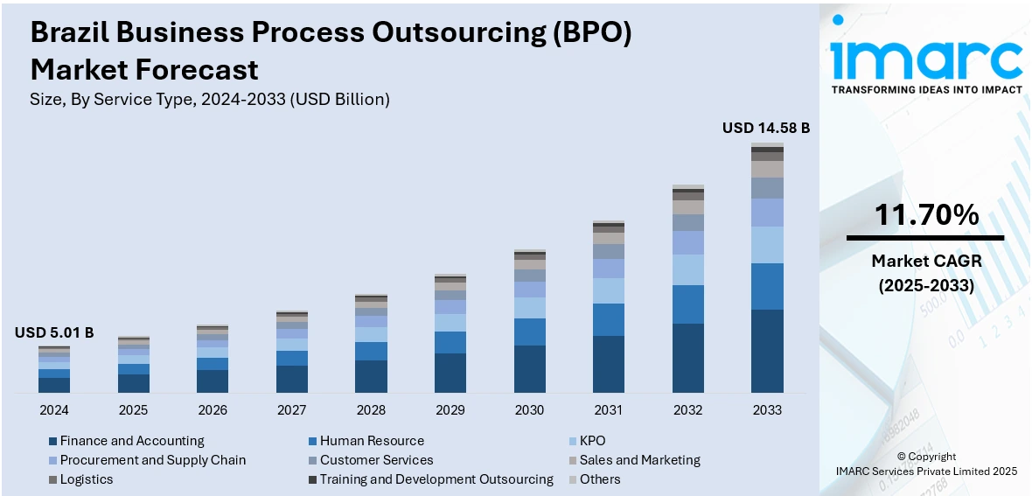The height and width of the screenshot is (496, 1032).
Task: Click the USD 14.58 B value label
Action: [765, 128]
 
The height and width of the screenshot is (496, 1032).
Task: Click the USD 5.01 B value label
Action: [54, 332]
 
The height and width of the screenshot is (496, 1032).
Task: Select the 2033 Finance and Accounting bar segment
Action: [767, 350]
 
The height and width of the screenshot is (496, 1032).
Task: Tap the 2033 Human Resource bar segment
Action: [767, 286]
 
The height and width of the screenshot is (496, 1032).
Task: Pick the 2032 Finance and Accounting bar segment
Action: [687, 357]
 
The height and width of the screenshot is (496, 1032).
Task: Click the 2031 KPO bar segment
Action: [609, 290]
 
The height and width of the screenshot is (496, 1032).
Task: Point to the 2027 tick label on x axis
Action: [292, 410]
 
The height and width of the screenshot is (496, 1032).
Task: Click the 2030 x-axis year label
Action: [529, 410]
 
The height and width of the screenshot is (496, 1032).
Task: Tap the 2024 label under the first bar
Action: [54, 410]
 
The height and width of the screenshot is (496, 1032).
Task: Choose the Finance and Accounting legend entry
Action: [131, 441]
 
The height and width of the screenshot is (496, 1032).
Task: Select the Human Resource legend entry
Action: [371, 441]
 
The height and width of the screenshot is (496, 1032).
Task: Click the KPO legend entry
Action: [592, 441]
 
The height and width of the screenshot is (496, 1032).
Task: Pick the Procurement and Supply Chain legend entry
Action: [152, 460]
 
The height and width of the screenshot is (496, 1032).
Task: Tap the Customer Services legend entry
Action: [376, 460]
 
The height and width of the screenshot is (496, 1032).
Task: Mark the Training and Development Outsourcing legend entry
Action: [436, 479]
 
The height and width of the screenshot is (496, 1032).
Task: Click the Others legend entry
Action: [599, 479]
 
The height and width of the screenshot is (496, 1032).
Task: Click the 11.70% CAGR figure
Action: [925, 214]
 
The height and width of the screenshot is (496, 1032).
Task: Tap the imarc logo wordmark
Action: [925, 59]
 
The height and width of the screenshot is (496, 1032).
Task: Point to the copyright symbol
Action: [901, 457]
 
